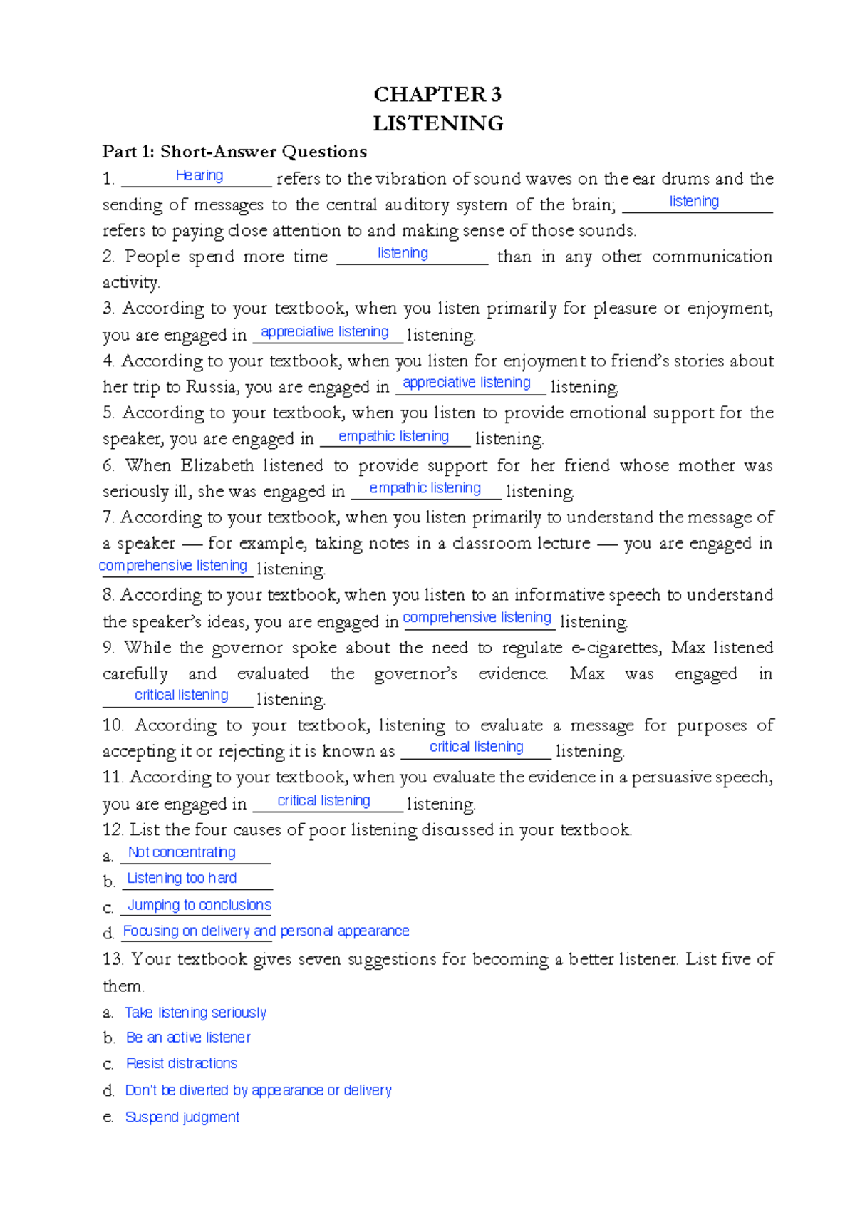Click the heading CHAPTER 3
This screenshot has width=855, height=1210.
click(437, 94)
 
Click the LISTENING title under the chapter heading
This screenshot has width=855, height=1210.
click(438, 123)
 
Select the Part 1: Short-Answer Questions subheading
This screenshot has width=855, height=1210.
click(234, 152)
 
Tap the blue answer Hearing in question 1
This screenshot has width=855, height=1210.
click(199, 175)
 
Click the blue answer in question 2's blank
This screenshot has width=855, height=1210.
click(403, 253)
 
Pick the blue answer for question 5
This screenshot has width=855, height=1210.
click(393, 436)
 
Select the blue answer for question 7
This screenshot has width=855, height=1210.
click(172, 566)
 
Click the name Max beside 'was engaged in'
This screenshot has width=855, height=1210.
click(587, 673)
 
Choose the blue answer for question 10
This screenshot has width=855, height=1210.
click(476, 747)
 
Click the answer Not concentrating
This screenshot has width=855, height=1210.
click(182, 852)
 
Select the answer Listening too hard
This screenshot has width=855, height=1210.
click(182, 878)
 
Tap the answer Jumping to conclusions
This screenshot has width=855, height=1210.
click(199, 905)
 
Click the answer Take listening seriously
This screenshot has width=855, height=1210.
click(195, 1013)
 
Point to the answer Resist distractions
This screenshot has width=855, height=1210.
click(182, 1063)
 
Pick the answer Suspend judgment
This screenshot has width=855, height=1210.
click(182, 1117)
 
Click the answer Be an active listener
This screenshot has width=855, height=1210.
click(188, 1038)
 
